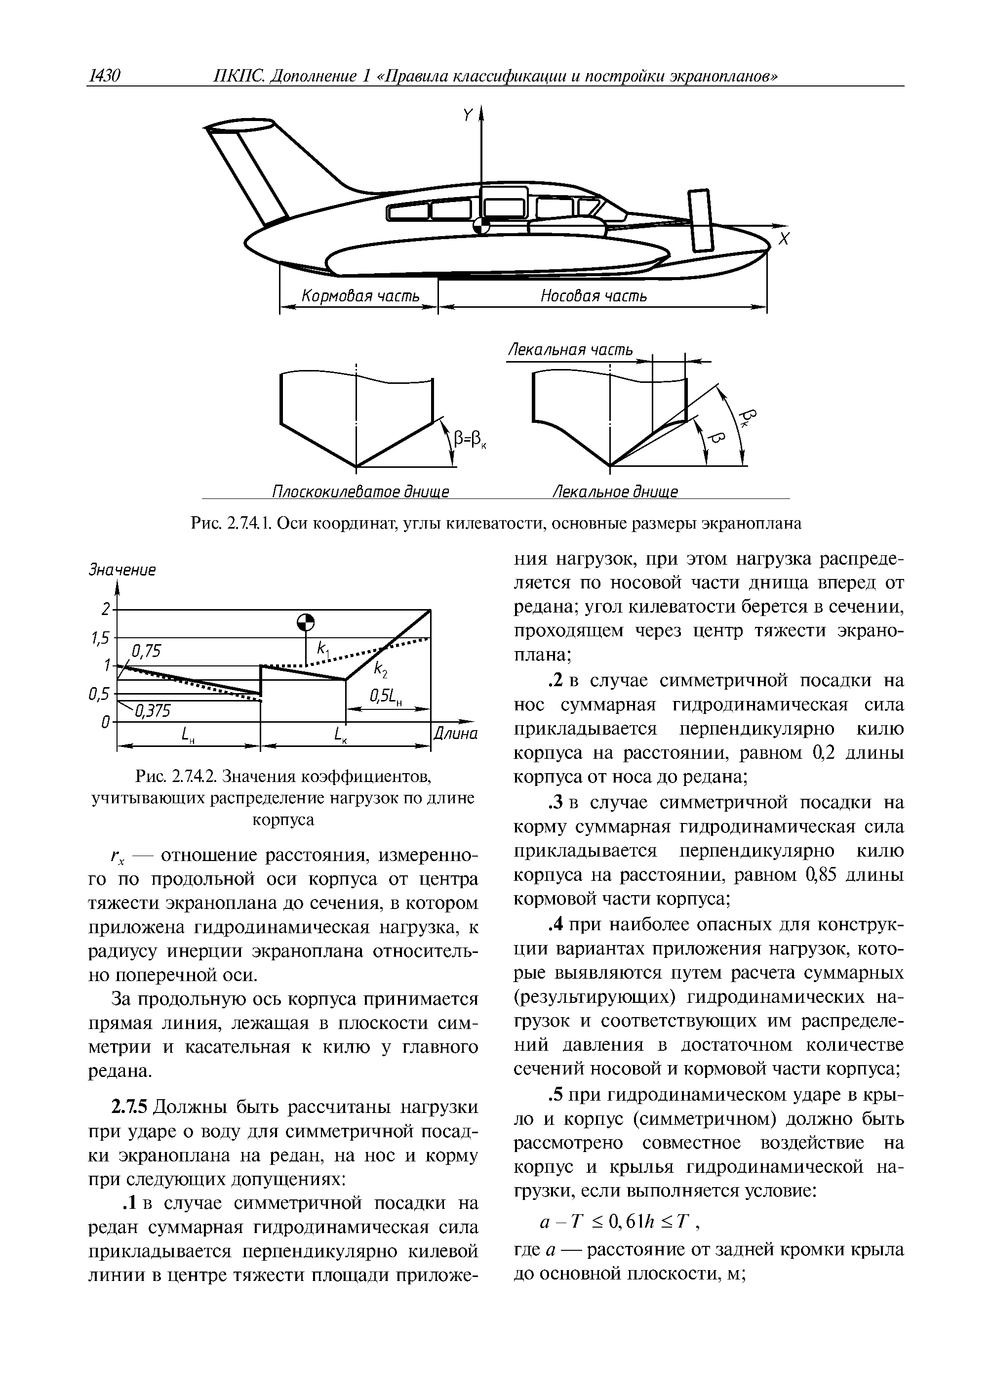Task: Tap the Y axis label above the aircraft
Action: pos(469,116)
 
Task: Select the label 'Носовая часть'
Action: pos(594,296)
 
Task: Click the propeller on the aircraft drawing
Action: pos(701,221)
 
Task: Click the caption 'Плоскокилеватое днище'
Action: pos(360,492)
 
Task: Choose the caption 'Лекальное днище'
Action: pos(615,492)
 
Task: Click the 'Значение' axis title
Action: pos(122,570)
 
